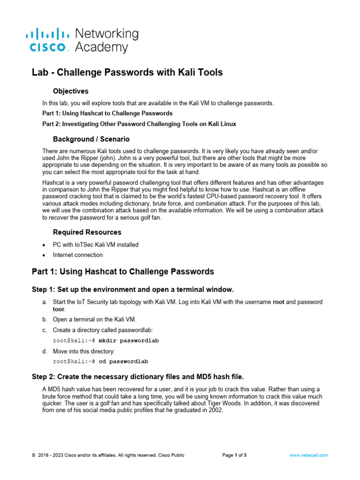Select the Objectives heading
pyautogui.click(x=71, y=91)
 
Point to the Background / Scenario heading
pyautogui.click(x=91, y=139)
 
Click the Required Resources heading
pyautogui.click(x=87, y=232)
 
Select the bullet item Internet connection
pyautogui.click(x=78, y=255)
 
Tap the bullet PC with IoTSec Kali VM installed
pyautogui.click(x=96, y=245)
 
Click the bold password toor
pyautogui.click(x=58, y=309)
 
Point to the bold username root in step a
pyautogui.click(x=278, y=302)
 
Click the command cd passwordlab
pyautogui.click(x=124, y=362)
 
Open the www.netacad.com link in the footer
pyautogui.click(x=308, y=455)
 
